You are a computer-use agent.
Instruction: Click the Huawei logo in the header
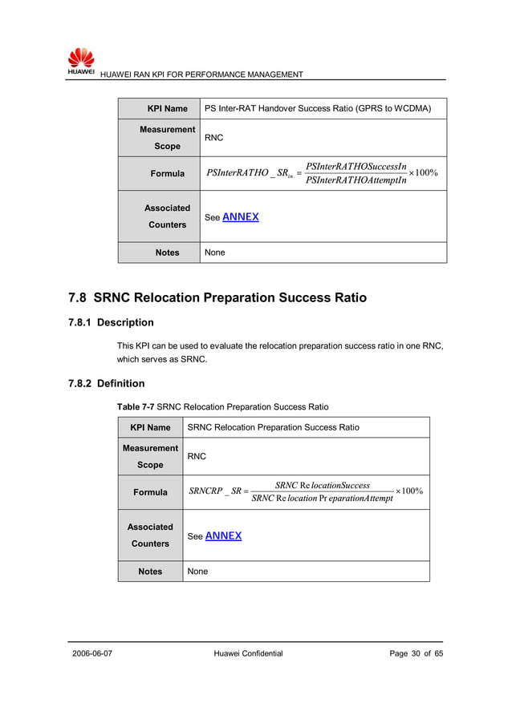pyautogui.click(x=81, y=60)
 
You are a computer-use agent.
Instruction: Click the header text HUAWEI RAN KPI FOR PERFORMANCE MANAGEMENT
pyautogui.click(x=201, y=75)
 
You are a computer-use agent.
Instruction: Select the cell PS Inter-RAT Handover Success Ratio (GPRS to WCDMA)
pyautogui.click(x=318, y=108)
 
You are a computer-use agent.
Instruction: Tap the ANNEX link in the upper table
pyautogui.click(x=240, y=216)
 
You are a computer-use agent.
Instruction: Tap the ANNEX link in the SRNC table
pyautogui.click(x=223, y=535)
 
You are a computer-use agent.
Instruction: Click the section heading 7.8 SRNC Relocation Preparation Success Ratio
pyautogui.click(x=217, y=297)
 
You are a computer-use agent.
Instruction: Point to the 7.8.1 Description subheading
pyautogui.click(x=111, y=322)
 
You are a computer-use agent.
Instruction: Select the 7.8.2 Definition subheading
pyautogui.click(x=107, y=383)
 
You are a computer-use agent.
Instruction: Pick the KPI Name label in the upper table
pyautogui.click(x=167, y=108)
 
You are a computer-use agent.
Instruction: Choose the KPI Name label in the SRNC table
pyautogui.click(x=150, y=427)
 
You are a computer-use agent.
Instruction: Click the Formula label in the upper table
pyautogui.click(x=167, y=173)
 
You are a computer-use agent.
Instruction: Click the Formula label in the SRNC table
pyautogui.click(x=150, y=492)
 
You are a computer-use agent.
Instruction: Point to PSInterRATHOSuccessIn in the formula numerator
pyautogui.click(x=356, y=166)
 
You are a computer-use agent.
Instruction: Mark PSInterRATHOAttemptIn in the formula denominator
pyautogui.click(x=356, y=180)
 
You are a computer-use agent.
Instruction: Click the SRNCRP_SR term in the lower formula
pyautogui.click(x=214, y=491)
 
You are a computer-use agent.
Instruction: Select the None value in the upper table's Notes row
pyautogui.click(x=215, y=252)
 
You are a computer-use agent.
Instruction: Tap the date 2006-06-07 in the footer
pyautogui.click(x=92, y=653)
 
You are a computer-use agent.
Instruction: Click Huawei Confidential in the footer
pyautogui.click(x=249, y=653)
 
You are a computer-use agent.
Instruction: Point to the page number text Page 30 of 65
pyautogui.click(x=416, y=653)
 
